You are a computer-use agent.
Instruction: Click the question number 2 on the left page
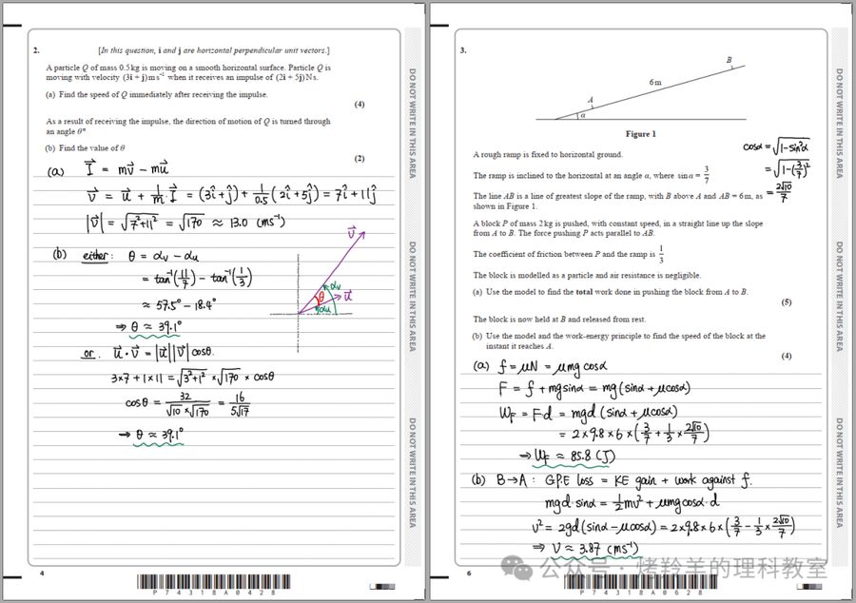(35, 49)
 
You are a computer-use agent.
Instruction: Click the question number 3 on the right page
(463, 49)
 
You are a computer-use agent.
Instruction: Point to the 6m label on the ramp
(655, 83)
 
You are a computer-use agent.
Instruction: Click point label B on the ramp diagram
(730, 60)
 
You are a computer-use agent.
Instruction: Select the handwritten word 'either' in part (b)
(97, 256)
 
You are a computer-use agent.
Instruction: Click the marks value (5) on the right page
(787, 301)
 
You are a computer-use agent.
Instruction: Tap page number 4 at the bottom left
(42, 574)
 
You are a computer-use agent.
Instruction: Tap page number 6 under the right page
(468, 574)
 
